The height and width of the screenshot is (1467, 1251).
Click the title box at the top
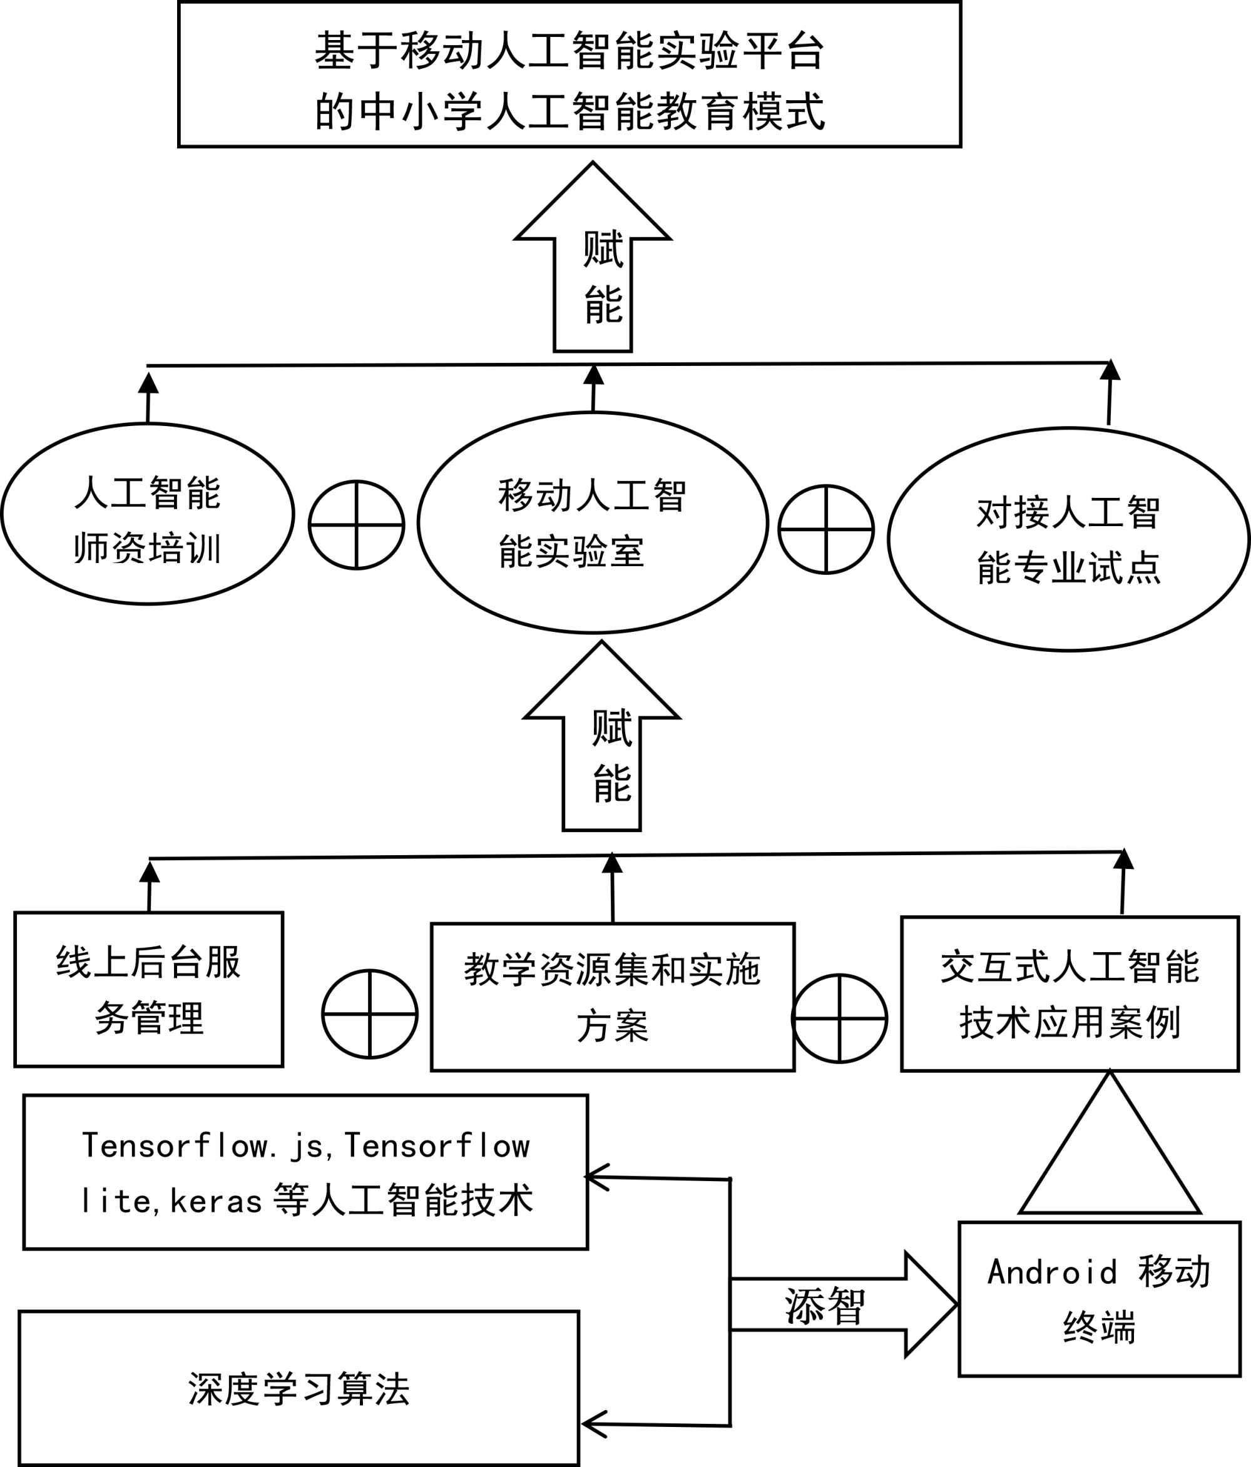569,74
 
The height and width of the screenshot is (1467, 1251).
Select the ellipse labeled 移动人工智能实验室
592,522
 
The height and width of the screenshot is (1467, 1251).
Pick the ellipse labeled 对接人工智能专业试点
1068,539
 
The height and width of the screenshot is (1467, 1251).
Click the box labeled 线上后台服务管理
149,990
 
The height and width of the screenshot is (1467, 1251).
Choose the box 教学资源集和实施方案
612,998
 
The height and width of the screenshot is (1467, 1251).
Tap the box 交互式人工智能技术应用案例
1070,994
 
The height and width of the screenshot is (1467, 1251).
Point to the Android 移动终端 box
1100,1299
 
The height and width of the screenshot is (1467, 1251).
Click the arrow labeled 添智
843,1304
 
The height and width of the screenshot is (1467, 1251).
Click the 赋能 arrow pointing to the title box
593,262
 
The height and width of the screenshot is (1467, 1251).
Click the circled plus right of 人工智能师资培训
356,525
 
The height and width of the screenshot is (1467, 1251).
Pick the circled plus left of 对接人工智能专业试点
825,529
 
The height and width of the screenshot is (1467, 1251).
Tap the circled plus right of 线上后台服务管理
369,1014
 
